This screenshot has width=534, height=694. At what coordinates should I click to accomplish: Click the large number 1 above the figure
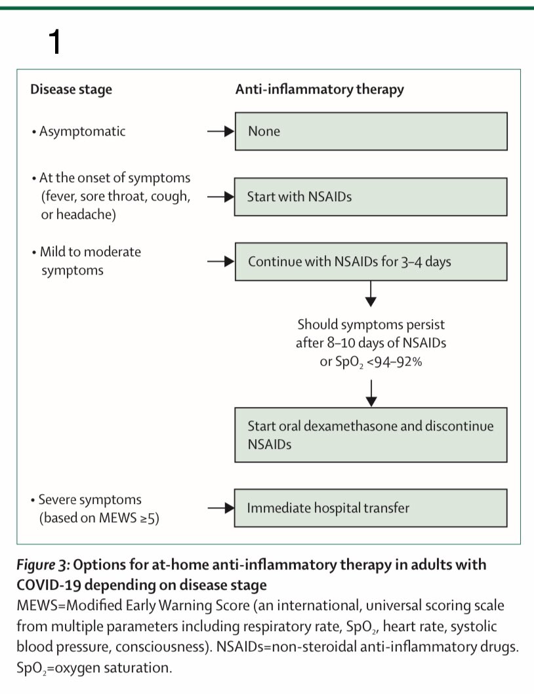55,42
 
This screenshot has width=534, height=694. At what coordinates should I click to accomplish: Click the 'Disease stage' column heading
71,89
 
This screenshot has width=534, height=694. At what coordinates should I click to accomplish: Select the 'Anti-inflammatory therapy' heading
319,89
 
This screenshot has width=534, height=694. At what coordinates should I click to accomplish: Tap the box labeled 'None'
371,131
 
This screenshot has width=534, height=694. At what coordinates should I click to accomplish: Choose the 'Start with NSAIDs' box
371,197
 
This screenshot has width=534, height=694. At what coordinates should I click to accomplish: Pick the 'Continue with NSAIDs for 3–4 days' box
371,261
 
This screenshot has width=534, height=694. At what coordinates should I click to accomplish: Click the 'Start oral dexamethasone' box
371,435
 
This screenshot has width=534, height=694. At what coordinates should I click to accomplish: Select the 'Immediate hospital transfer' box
371,508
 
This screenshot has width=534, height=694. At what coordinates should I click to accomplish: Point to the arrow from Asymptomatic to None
220,131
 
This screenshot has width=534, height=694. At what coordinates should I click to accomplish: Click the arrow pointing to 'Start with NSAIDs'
220,197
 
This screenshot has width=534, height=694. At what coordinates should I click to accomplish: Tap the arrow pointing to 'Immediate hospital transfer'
220,508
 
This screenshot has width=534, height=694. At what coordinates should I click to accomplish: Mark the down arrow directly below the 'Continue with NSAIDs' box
371,294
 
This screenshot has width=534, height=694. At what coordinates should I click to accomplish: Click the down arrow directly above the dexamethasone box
371,393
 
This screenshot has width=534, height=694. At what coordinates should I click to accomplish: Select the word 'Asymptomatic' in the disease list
83,132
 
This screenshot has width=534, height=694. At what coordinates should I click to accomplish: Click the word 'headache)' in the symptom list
86,215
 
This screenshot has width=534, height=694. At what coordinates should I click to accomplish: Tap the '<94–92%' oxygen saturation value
394,362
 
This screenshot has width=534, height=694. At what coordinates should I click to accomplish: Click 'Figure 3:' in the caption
43,565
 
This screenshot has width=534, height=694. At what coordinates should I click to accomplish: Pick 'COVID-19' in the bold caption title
49,585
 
